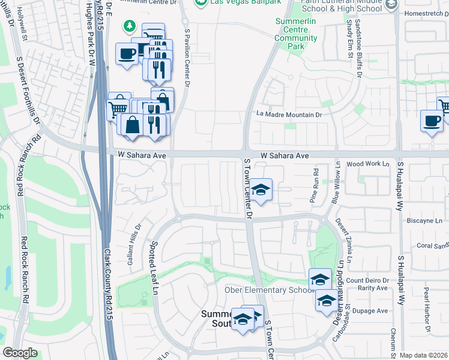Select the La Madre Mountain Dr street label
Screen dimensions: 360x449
(289, 114)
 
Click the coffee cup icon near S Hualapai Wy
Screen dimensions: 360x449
(432, 121)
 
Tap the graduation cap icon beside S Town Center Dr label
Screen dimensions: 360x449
(261, 190)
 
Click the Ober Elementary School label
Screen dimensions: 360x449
(269, 290)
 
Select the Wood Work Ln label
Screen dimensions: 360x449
(368, 163)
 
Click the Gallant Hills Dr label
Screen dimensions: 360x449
(134, 245)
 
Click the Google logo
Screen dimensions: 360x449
(20, 353)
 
